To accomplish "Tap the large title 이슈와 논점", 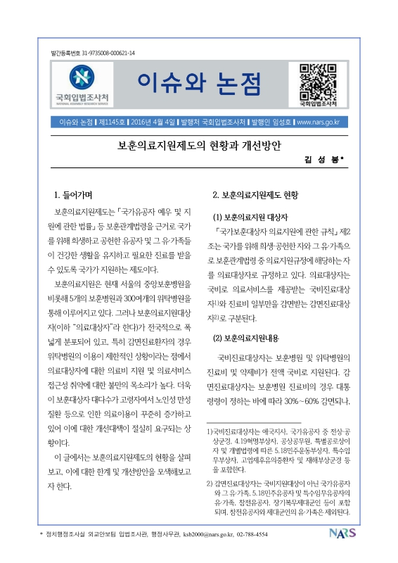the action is point(199,83).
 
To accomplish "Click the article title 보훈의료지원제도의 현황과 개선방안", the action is point(199,146).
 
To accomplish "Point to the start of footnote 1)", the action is point(210,429).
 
